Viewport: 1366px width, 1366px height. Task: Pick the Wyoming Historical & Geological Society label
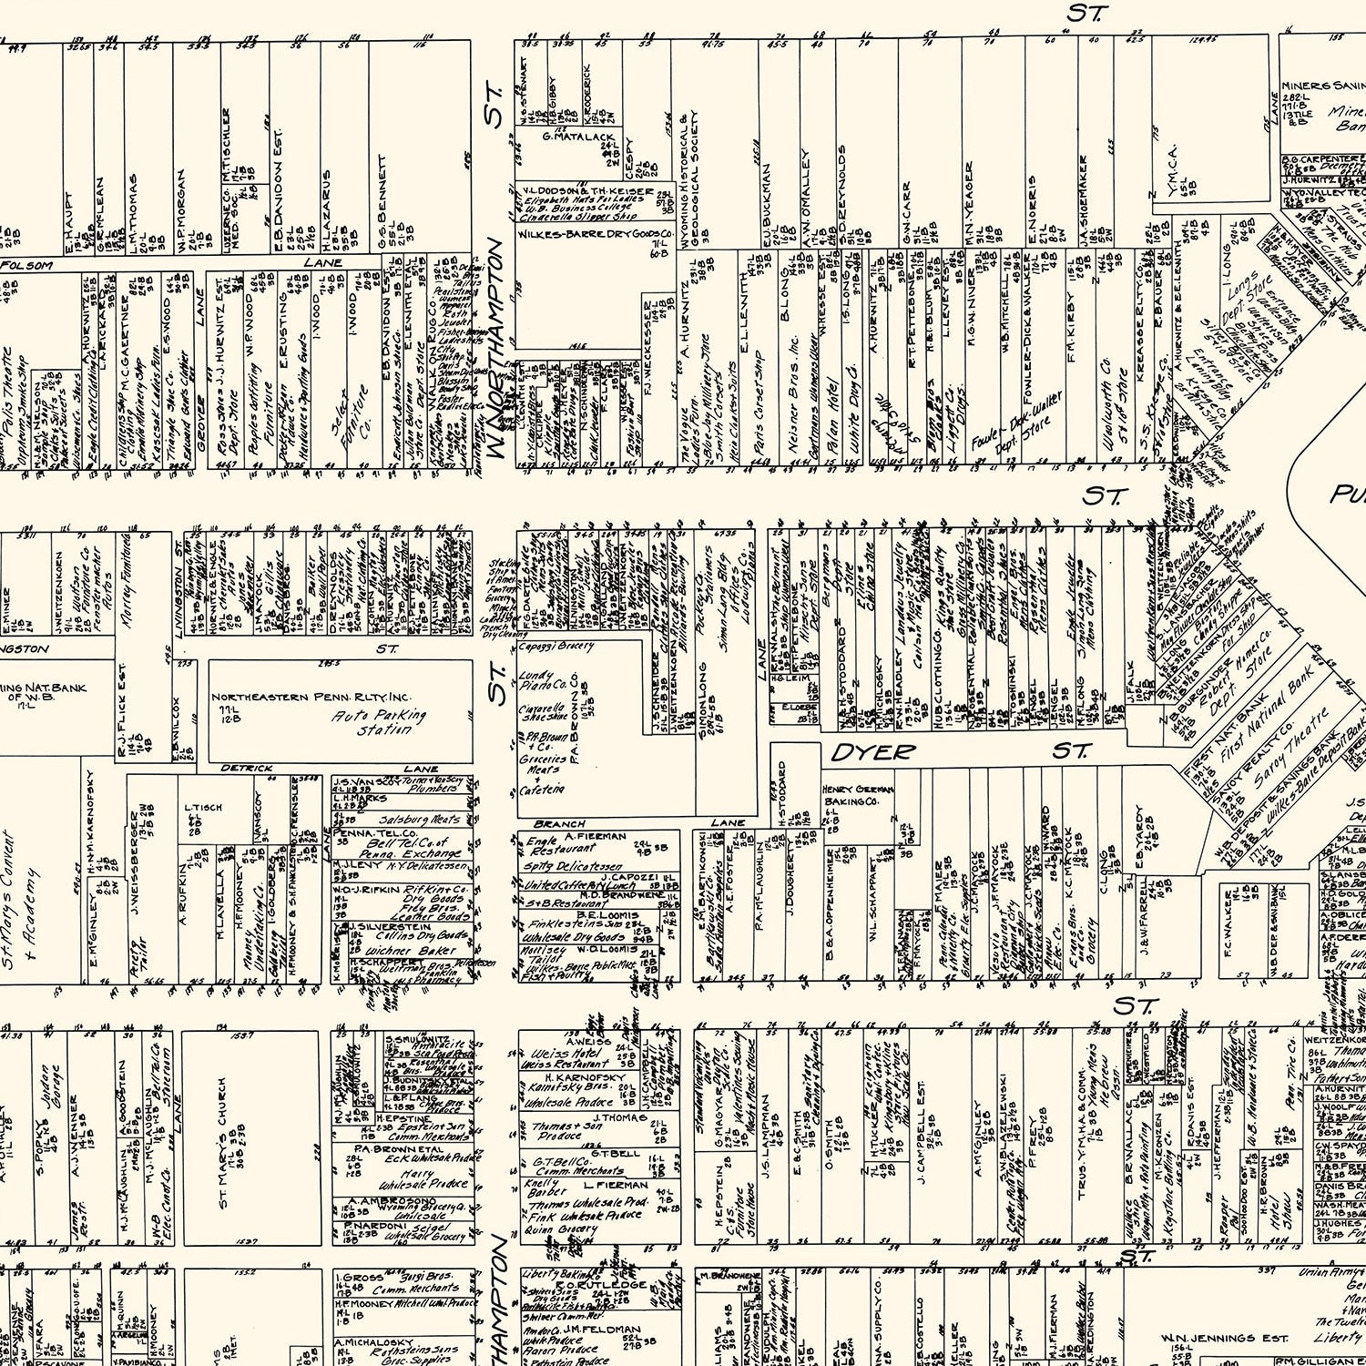point(688,180)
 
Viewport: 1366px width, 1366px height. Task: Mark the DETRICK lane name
point(247,769)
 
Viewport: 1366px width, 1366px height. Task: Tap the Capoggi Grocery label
point(556,647)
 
